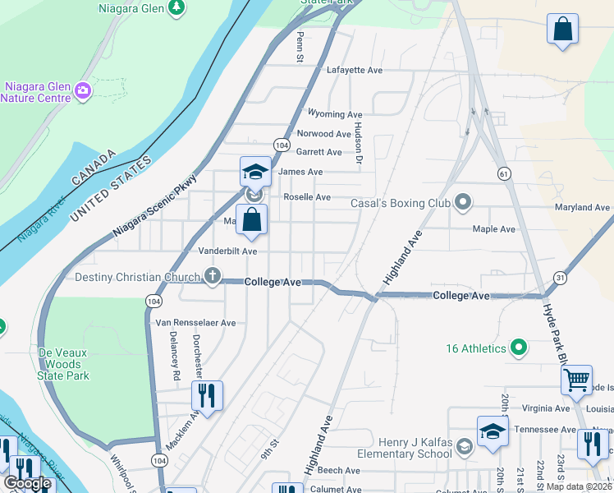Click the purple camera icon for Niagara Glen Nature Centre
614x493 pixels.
[82, 90]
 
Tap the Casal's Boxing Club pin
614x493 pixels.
[464, 201]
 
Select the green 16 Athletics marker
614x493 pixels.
[518, 348]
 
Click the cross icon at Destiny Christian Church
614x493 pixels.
[213, 276]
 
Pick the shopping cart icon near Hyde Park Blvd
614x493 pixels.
[576, 380]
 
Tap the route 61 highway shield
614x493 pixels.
[503, 173]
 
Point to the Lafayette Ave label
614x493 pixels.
[355, 71]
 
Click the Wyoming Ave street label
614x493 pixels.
[335, 114]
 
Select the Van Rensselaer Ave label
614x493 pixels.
[195, 323]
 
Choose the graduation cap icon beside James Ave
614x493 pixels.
[255, 172]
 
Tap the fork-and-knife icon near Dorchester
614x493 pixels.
[207, 395]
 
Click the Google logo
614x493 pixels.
[28, 483]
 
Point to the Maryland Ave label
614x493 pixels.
[582, 207]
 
